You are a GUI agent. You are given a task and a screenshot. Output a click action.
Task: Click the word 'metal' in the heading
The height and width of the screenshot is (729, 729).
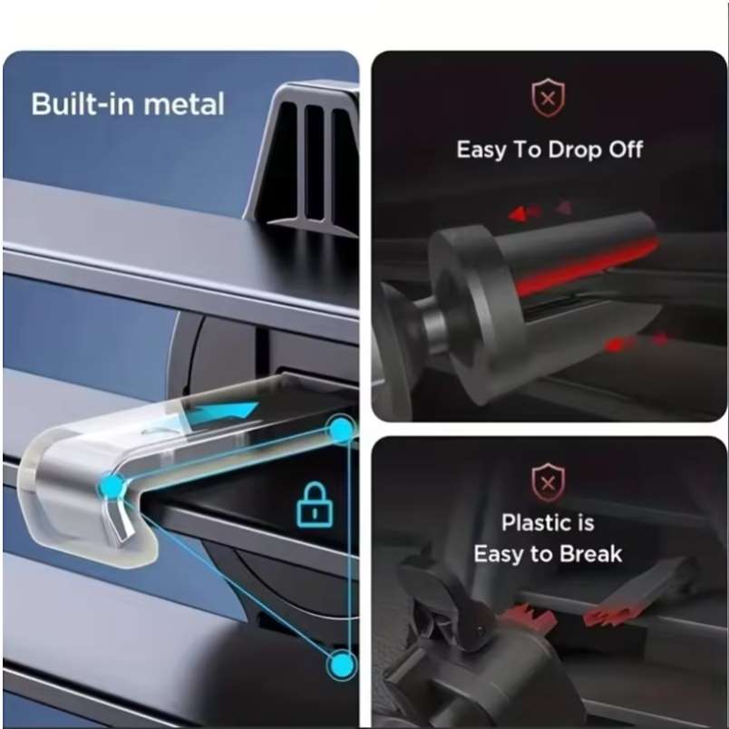[x=184, y=103]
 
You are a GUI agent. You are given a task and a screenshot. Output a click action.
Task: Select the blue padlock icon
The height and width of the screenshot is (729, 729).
[x=315, y=505]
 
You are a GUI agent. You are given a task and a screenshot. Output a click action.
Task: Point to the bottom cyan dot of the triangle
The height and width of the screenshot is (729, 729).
[x=342, y=665]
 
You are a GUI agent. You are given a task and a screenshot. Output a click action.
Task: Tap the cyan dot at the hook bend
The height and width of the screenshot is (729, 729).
[x=112, y=487]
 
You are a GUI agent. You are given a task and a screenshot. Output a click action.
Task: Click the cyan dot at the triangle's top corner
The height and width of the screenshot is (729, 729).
[x=342, y=429]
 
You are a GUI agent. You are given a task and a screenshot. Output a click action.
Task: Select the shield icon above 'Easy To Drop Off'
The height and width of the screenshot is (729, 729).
[x=549, y=98]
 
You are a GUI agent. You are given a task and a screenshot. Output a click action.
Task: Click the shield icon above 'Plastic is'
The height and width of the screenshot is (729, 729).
[x=549, y=482]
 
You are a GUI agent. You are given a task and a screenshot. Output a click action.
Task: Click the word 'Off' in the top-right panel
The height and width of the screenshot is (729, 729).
[x=627, y=150]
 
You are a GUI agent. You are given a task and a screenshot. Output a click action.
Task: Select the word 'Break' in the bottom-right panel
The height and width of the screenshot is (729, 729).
[x=590, y=554]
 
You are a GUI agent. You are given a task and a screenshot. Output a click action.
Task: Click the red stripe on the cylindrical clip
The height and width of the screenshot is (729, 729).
[x=587, y=266]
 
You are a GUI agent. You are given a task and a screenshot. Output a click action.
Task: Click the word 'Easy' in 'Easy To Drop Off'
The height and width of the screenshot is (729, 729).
[x=481, y=151]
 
